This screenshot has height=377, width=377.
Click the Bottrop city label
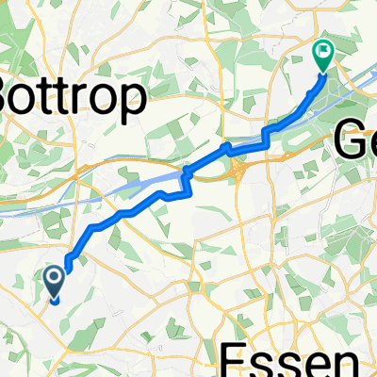click(71, 97)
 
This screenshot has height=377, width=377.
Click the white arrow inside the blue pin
click(53, 278)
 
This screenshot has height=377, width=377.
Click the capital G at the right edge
click(347, 142)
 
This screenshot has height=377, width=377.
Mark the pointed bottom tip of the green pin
click(322, 73)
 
